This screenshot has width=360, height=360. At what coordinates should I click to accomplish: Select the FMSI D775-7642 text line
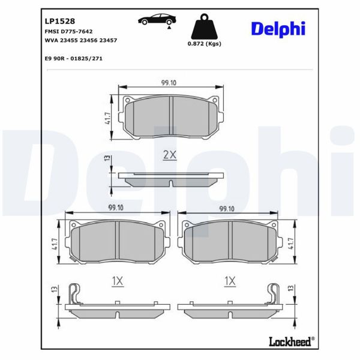click(x=65, y=31)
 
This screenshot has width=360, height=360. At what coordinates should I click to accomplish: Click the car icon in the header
click(x=154, y=20)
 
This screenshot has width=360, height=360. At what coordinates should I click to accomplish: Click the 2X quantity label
click(x=170, y=155)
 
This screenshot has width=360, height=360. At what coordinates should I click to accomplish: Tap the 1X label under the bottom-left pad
click(x=117, y=281)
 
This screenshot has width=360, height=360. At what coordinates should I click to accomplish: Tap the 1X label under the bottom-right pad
click(x=229, y=281)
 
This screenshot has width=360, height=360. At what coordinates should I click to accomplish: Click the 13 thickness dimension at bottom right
click(x=293, y=292)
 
